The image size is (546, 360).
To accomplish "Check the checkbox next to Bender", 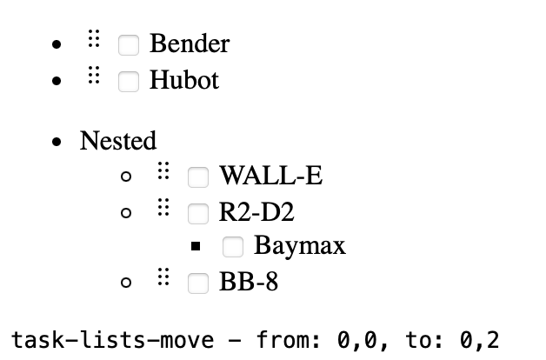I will [x=129, y=44].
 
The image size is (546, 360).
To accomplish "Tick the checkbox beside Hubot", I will [x=129, y=82].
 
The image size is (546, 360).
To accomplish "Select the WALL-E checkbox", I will [x=198, y=177].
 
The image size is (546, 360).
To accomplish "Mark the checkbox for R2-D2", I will [x=198, y=212].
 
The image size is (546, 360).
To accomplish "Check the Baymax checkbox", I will [x=232, y=247].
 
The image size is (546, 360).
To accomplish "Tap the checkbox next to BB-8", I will [x=198, y=283].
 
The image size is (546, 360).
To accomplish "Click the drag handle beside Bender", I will [x=95, y=39].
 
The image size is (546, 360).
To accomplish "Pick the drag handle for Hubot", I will [x=95, y=76].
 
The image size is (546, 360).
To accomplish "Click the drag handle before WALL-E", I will [x=163, y=171].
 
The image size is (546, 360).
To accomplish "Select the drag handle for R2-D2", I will [x=163, y=207].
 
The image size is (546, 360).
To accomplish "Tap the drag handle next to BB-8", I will [x=163, y=277].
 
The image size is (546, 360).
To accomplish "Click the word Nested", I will [x=118, y=140].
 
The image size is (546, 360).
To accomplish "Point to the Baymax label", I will [x=299, y=246].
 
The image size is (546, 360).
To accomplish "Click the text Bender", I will [x=190, y=43].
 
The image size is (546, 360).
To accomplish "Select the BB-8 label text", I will [x=249, y=283].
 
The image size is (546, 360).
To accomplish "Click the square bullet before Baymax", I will [x=196, y=247].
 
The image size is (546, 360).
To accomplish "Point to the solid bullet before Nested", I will [x=57, y=142].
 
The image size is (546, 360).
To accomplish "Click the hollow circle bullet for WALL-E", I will [x=127, y=177].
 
